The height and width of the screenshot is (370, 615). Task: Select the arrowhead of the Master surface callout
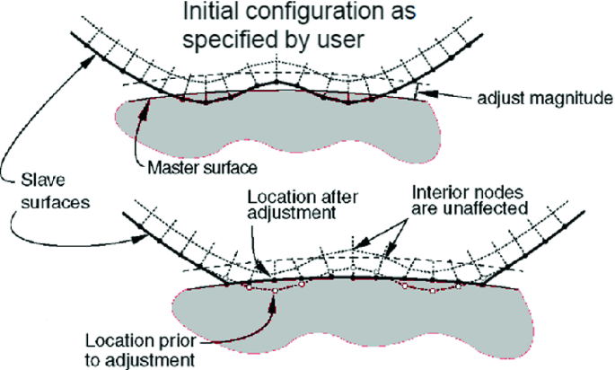(x=136, y=132)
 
